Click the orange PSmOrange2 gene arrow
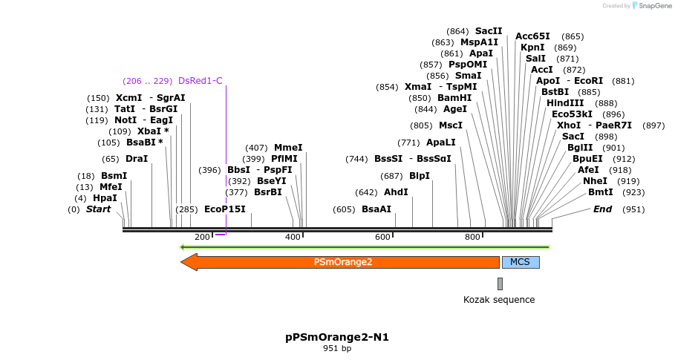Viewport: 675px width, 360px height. [342, 262]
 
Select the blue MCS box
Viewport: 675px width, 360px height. [521, 262]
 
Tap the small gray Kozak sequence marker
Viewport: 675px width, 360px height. [500, 284]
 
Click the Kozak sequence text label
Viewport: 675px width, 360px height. [499, 300]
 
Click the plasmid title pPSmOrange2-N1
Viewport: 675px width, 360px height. [337, 337]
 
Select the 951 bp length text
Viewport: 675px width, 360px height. [337, 349]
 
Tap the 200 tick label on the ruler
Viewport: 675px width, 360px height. [202, 237]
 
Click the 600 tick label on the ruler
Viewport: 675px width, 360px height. [382, 237]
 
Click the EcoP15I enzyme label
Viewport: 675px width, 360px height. [224, 209]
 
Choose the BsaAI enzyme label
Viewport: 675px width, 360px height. [376, 209]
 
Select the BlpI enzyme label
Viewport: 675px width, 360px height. [420, 176]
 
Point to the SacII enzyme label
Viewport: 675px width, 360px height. [489, 31]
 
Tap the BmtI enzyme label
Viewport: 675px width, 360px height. [601, 192]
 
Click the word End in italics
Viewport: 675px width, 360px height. [602, 209]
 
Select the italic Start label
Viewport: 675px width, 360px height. [98, 209]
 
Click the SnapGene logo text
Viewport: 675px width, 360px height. [653, 6]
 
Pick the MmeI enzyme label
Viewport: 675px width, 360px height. [288, 148]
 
